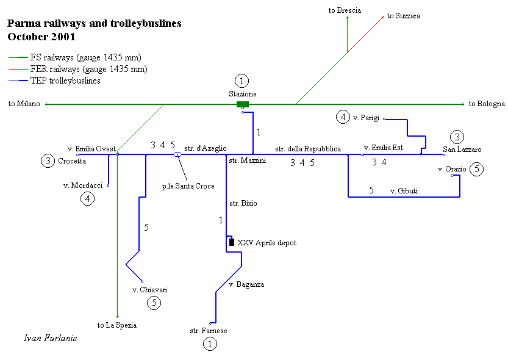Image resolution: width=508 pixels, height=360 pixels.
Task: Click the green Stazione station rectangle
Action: coord(243,104)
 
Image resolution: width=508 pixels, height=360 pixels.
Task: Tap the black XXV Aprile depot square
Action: coord(231,242)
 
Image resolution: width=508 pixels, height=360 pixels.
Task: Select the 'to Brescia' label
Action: coord(345,10)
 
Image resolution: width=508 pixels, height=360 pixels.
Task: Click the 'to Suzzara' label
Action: coord(404,16)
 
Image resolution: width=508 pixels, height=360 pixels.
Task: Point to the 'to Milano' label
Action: coord(24,104)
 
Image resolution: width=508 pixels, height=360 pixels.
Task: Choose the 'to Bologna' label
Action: coord(487,104)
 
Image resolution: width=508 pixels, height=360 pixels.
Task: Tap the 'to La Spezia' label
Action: coord(117,325)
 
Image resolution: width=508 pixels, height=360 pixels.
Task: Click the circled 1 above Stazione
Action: coord(242,81)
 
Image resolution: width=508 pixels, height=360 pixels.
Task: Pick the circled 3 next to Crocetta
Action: coord(48,161)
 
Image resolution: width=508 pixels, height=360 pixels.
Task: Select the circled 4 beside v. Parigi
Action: coord(343,117)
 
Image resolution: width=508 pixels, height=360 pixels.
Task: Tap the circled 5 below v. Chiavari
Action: coord(154,302)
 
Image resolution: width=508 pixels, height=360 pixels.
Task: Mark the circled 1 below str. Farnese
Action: coord(209,344)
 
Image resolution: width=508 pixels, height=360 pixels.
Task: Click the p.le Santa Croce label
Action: coord(188,186)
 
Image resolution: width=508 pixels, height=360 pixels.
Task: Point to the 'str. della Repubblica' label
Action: coord(308,148)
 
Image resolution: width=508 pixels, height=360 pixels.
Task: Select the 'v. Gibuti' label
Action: coord(404,191)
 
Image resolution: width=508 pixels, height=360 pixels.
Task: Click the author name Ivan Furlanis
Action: coord(50,338)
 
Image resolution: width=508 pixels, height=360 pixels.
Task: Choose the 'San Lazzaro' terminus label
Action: coord(462,149)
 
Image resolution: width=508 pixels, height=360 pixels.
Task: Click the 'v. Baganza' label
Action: coord(246,284)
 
